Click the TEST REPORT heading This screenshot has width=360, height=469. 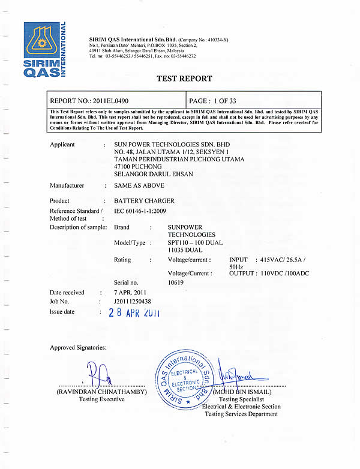(184, 79)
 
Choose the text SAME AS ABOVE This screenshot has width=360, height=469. (131, 186)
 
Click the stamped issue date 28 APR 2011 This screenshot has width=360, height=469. (134, 312)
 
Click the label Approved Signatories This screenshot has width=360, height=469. (79, 347)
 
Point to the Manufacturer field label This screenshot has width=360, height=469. (67, 186)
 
